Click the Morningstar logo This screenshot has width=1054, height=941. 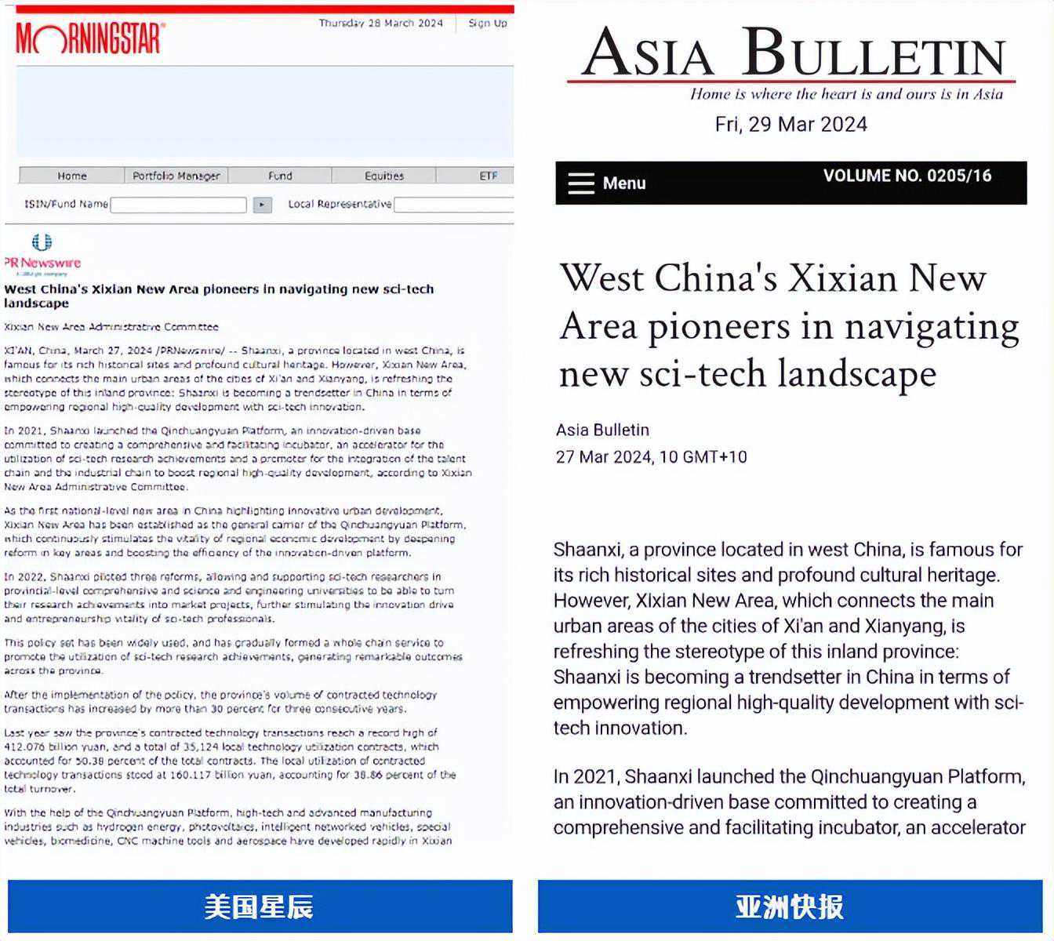tap(90, 38)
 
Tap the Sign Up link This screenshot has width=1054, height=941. tap(487, 24)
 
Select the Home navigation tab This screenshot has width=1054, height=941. tap(72, 176)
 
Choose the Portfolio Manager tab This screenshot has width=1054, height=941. tap(176, 176)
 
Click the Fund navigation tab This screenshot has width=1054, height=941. tap(280, 176)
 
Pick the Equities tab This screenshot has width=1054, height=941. tap(383, 176)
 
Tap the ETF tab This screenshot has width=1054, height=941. tap(488, 176)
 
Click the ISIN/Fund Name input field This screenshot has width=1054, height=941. tap(179, 205)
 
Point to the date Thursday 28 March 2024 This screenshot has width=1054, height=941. tap(380, 24)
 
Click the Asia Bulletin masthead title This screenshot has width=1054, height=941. tap(792, 53)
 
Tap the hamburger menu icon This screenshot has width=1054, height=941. tap(581, 183)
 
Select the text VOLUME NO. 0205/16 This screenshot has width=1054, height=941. tap(907, 176)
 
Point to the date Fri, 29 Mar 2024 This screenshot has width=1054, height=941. tap(790, 124)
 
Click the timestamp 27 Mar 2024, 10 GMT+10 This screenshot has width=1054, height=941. tap(651, 456)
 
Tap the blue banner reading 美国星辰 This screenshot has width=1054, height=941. tap(260, 906)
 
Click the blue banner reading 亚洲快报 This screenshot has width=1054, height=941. tap(790, 906)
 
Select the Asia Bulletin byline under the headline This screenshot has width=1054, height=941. tap(602, 430)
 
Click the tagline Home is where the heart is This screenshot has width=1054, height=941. tap(846, 94)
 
